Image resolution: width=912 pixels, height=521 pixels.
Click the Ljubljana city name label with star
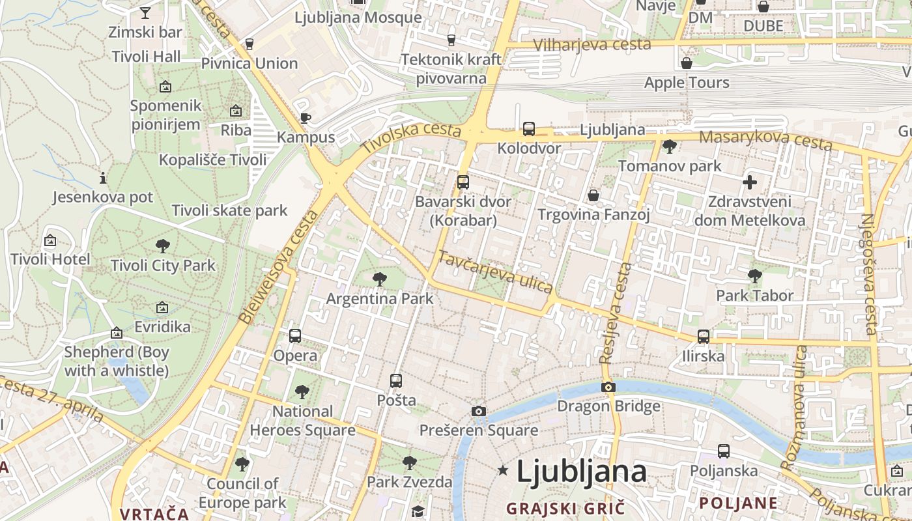point(581,472)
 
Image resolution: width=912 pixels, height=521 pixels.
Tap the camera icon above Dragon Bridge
point(608,387)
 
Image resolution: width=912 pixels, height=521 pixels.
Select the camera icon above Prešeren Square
point(479,411)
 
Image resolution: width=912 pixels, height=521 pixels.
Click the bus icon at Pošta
point(395,381)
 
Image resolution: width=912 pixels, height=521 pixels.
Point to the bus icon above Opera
point(295,336)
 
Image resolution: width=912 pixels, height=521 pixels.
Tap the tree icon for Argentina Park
point(379,280)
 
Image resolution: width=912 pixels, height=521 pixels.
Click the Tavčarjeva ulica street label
point(495,271)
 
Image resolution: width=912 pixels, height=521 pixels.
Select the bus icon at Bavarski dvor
point(463,182)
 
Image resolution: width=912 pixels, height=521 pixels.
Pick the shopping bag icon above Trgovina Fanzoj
point(593,195)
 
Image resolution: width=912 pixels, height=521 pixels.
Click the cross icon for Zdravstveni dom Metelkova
point(750,182)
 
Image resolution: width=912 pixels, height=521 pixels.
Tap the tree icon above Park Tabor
point(755,276)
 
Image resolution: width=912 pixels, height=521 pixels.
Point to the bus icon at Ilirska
point(704,337)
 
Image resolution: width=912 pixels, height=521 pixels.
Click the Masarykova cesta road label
point(766,139)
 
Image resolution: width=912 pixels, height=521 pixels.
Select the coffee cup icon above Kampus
point(305,118)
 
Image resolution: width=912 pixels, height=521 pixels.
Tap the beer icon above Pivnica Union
point(249,44)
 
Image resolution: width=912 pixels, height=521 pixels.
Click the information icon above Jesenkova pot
point(102,178)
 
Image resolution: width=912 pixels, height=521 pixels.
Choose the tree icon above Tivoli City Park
point(163,246)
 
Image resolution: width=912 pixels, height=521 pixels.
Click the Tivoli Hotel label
point(50,259)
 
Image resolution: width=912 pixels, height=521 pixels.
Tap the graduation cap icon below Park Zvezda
point(418,511)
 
